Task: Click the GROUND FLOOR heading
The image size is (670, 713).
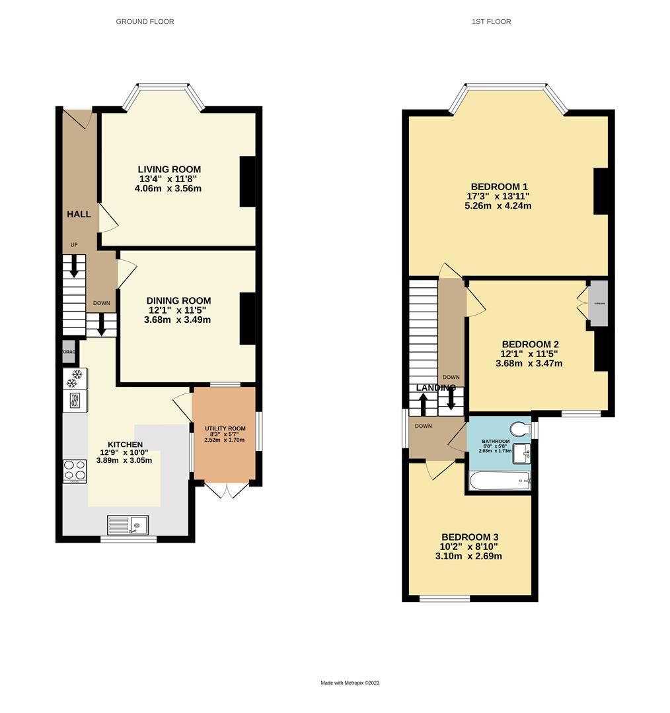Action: pyautogui.click(x=145, y=22)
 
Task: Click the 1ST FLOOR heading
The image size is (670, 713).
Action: pyautogui.click(x=491, y=22)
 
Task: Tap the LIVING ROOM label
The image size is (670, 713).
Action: pyautogui.click(x=169, y=169)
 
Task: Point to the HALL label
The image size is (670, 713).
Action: pyautogui.click(x=78, y=215)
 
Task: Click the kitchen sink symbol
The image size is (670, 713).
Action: pyautogui.click(x=128, y=526)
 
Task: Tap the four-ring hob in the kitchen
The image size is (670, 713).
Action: pyautogui.click(x=75, y=471)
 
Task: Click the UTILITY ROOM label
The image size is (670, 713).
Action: pyautogui.click(x=225, y=428)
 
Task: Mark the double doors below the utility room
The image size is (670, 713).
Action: pyautogui.click(x=226, y=490)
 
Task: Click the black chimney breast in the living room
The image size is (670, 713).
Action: pyautogui.click(x=247, y=182)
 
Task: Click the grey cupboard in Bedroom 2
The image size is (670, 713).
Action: pyautogui.click(x=597, y=304)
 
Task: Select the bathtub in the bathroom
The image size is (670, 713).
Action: pyautogui.click(x=499, y=481)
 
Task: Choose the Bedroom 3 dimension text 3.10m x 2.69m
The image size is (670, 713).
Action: pyautogui.click(x=468, y=556)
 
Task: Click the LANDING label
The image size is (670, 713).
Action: pyautogui.click(x=435, y=388)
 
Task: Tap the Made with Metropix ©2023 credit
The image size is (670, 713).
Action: pyautogui.click(x=350, y=683)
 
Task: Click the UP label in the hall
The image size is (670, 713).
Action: pyautogui.click(x=74, y=245)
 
